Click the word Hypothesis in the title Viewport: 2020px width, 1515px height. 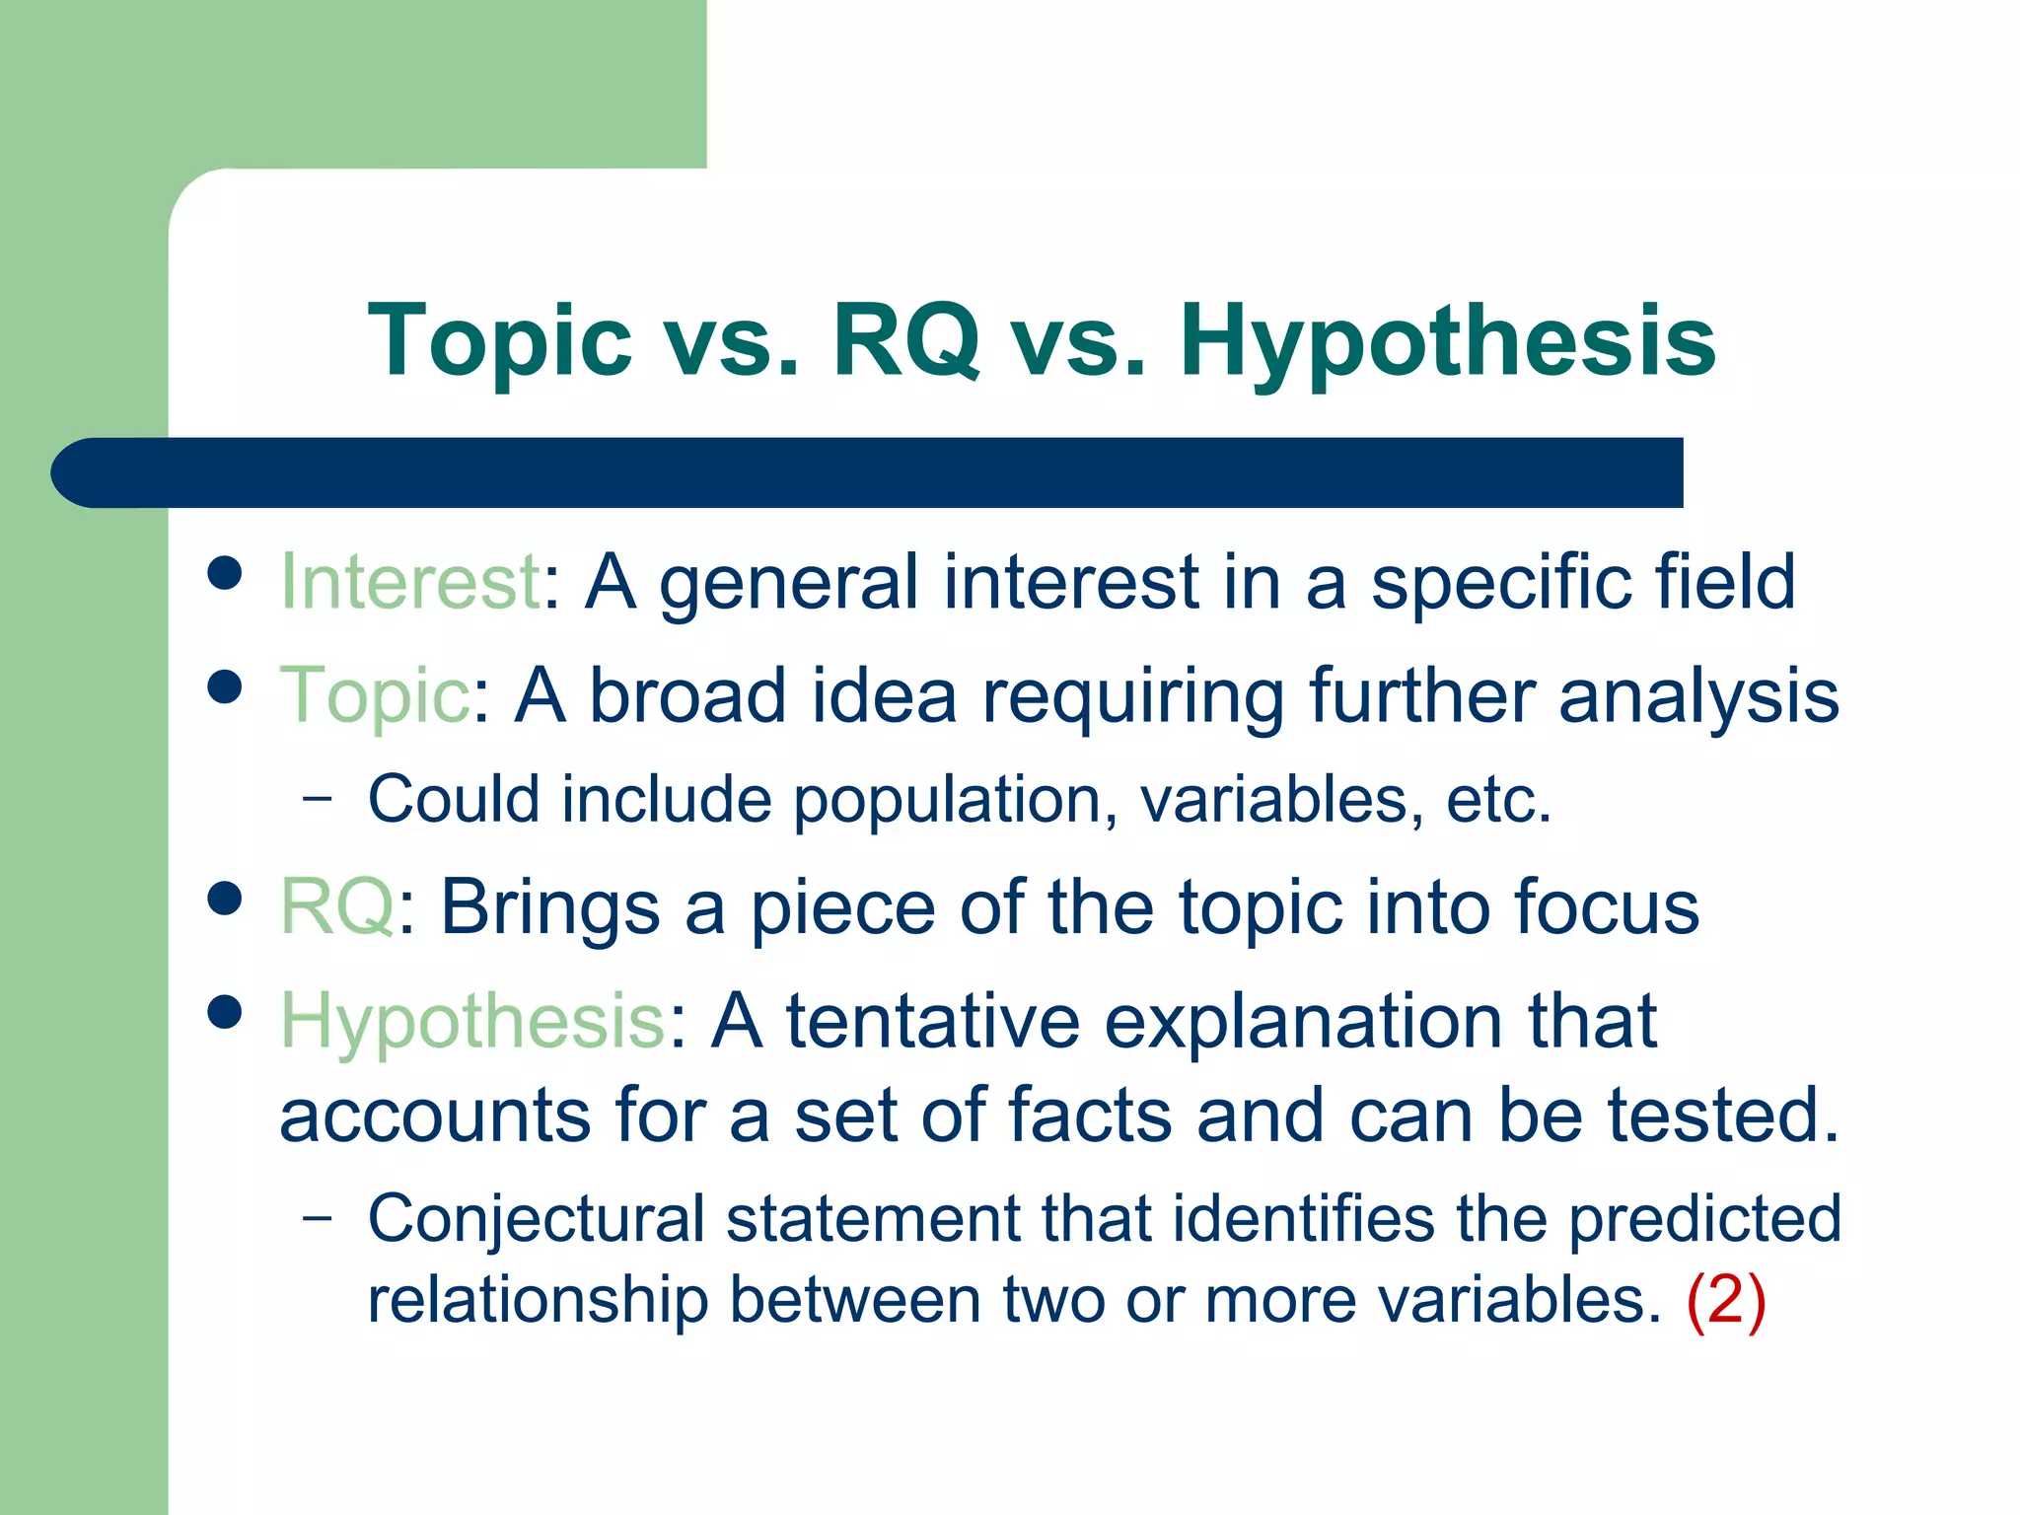tap(1447, 340)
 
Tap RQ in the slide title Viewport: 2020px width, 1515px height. tap(905, 340)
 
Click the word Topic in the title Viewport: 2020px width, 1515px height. tap(499, 340)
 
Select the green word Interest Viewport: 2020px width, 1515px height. tap(409, 581)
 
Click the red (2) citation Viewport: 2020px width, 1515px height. tap(1725, 1300)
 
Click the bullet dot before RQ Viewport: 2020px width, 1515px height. tap(226, 898)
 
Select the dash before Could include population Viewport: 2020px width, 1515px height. tap(318, 799)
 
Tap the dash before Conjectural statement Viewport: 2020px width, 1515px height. tap(318, 1218)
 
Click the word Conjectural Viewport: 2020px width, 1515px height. tap(536, 1218)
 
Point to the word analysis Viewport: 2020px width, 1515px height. tap(1698, 695)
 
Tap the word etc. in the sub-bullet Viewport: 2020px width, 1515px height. tap(1498, 799)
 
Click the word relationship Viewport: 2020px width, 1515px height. tap(538, 1300)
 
